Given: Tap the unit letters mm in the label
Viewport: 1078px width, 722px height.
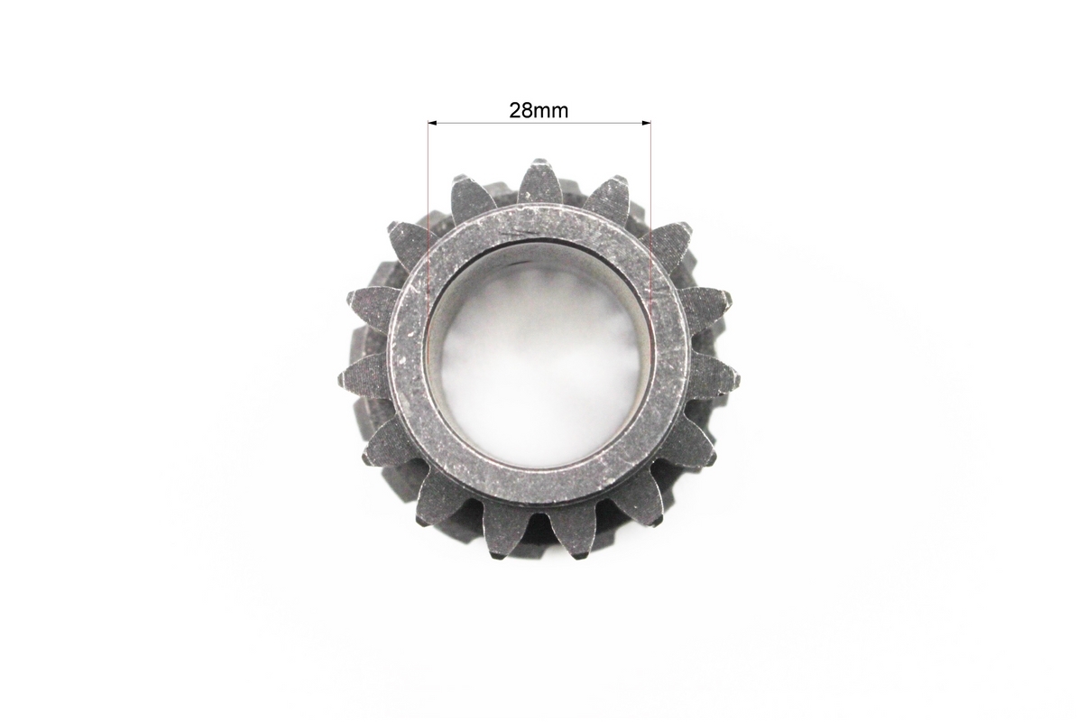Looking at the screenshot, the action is click(x=549, y=111).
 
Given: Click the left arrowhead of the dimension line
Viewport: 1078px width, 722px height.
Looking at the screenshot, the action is click(x=432, y=123).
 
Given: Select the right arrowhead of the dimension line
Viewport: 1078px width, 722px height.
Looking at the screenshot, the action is click(x=646, y=123).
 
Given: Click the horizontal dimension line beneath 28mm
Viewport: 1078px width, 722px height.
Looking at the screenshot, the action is click(x=539, y=123).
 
